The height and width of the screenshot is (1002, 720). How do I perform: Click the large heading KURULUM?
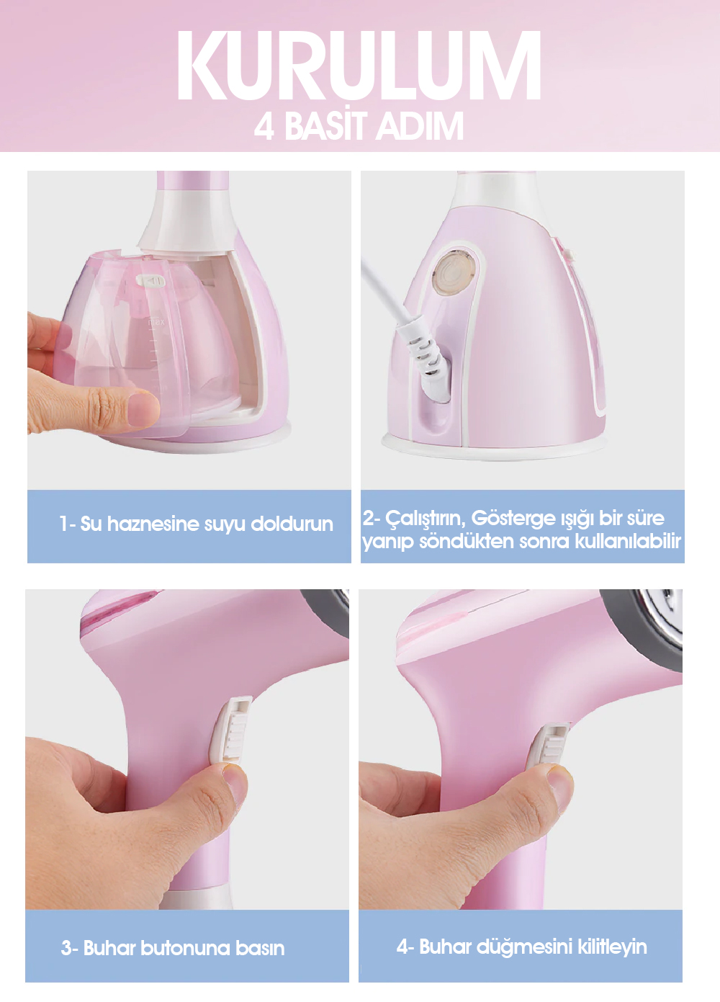tap(359, 66)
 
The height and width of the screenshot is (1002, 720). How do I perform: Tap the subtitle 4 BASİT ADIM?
tap(359, 126)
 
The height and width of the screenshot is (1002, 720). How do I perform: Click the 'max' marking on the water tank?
tap(156, 321)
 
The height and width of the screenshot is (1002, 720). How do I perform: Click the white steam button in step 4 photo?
tap(549, 748)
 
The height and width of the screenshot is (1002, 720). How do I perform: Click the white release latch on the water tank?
tap(150, 280)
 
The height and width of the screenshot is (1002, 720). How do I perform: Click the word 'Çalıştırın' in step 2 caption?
tap(426, 519)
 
